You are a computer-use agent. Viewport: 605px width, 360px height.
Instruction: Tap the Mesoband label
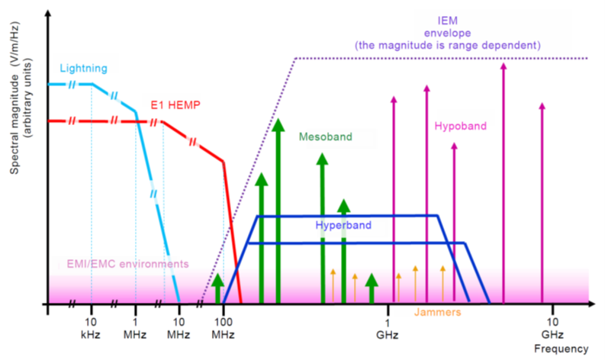325,137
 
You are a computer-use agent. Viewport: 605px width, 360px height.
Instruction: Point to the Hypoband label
460,126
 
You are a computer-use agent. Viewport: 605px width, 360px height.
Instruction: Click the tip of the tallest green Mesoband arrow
278,121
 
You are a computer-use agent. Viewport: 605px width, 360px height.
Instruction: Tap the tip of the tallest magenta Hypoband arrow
503,66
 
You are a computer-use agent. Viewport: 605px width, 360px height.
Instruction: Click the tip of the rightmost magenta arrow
542,105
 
